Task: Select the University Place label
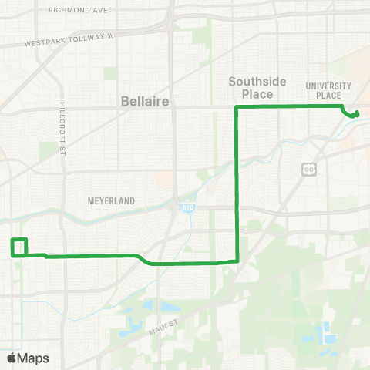click(x=328, y=90)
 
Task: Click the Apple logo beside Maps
click(x=11, y=358)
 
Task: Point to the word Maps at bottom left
click(x=33, y=358)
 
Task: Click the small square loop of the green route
click(x=20, y=247)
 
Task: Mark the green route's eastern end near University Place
click(x=357, y=116)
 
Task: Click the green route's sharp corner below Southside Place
click(x=236, y=109)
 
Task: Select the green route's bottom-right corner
click(x=237, y=261)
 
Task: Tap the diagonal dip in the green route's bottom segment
click(x=142, y=259)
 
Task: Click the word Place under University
click(x=328, y=96)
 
